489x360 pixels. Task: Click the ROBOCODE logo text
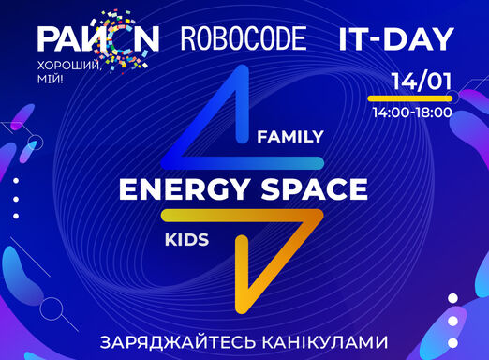[244, 38]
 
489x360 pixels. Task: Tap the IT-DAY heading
[396, 39]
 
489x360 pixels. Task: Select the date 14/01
[422, 82]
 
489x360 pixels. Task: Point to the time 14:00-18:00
[412, 112]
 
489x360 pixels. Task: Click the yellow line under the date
[410, 98]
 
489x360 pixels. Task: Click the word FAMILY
[290, 137]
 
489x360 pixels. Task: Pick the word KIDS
[186, 240]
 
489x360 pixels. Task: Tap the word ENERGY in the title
[184, 189]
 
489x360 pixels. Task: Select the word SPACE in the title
[315, 189]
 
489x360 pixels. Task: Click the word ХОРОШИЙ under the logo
[69, 67]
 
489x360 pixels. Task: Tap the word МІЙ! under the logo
[50, 80]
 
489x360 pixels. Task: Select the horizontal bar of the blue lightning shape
[243, 163]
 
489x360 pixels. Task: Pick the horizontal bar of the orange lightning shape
[242, 216]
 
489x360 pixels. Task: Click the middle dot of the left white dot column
[16, 199]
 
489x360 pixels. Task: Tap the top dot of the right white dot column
[452, 298]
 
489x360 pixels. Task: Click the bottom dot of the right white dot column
[452, 343]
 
